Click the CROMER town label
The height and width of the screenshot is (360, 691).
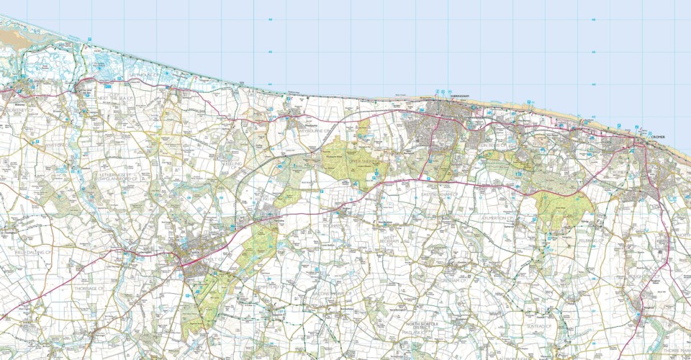658,137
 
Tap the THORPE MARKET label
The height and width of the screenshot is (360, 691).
677,351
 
